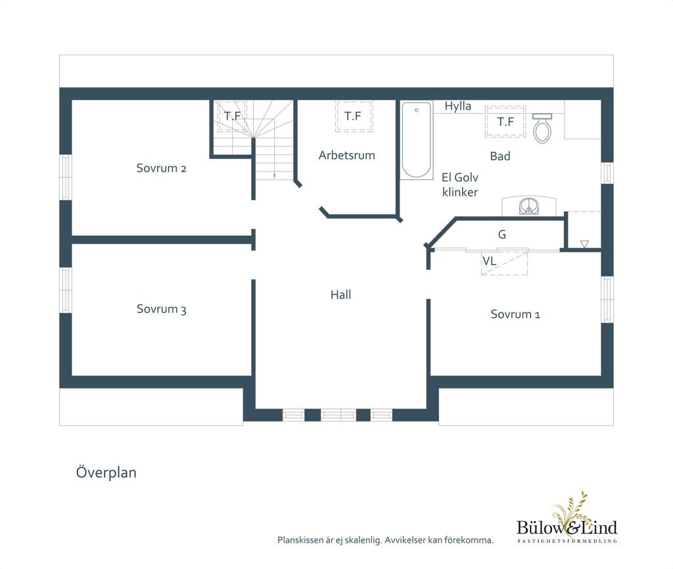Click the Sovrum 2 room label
[162, 168]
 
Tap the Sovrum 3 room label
[162, 309]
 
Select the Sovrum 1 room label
[515, 314]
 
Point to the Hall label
[341, 295]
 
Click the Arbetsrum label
[347, 155]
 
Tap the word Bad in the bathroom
[500, 156]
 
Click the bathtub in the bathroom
[416, 140]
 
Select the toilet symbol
[542, 128]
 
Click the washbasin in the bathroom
[529, 206]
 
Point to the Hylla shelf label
[457, 106]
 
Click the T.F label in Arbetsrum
[353, 116]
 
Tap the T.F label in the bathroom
[505, 122]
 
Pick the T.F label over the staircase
[232, 116]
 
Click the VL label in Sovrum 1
[489, 261]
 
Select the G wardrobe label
[501, 235]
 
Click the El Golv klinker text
[459, 185]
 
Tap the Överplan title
[106, 472]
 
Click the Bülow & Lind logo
[567, 519]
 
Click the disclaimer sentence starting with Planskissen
[385, 540]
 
